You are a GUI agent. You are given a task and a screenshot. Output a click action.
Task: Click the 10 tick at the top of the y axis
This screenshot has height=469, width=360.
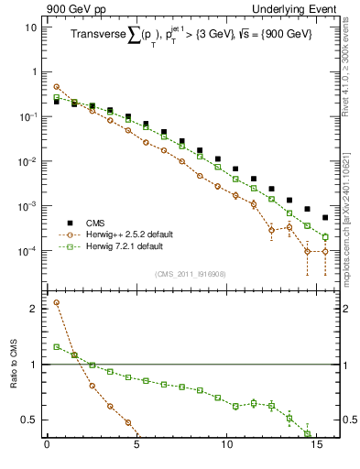pos(27,27)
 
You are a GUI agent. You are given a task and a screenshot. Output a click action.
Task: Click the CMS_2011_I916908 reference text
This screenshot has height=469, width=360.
pos(190,274)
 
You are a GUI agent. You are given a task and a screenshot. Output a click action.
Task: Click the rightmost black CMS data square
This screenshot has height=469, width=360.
pos(325,218)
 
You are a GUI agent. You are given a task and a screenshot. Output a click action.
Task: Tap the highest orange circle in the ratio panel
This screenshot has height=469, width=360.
pos(56,302)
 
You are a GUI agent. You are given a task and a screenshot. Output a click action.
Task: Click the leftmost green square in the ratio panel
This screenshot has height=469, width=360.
pos(56,347)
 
